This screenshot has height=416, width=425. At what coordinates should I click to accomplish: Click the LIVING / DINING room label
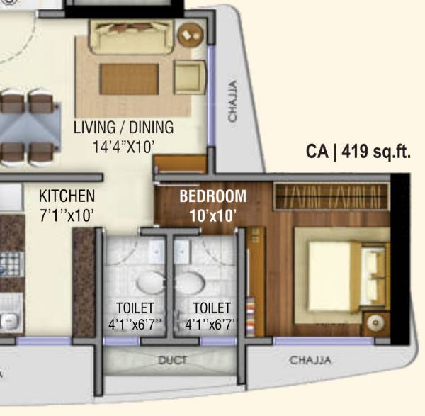124,128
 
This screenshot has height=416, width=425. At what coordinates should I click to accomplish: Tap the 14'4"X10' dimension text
124,147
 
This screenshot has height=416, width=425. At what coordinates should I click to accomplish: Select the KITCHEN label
67,196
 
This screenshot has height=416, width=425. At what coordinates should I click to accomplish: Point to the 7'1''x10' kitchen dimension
67,215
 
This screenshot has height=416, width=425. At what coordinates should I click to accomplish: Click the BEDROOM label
212,196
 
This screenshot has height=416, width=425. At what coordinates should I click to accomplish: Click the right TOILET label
212,308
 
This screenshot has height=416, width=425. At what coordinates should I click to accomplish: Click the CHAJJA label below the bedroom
310,361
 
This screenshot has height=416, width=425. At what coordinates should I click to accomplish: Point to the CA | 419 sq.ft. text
358,151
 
